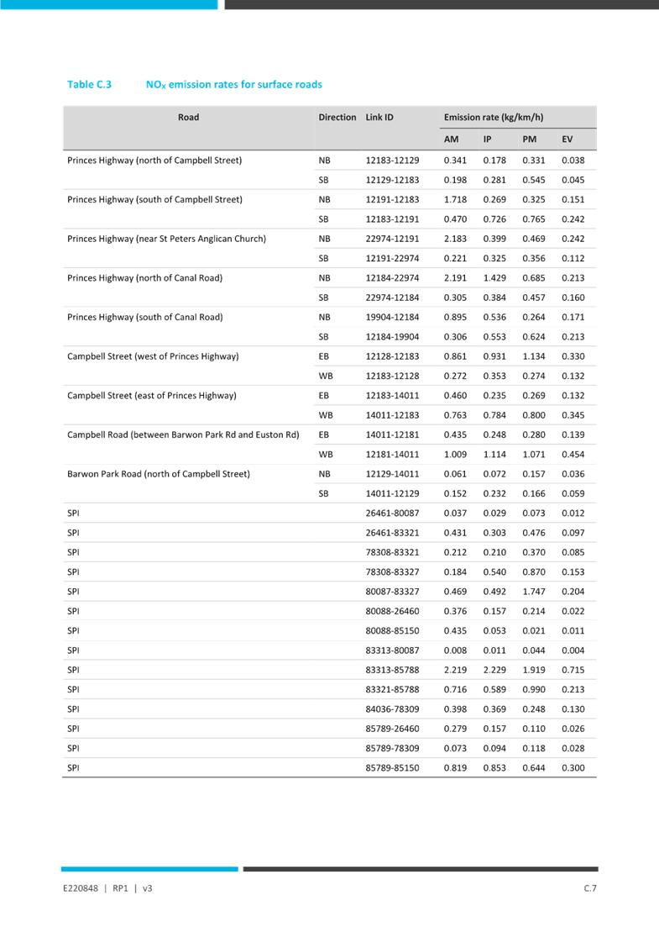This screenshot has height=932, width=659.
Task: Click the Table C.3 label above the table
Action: pos(90,85)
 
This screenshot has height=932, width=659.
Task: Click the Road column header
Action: pos(189,117)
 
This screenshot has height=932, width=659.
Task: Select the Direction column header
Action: pos(337,118)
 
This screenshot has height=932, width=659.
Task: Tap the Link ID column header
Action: pos(379,118)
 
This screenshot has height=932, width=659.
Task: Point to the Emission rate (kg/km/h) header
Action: pos(494,118)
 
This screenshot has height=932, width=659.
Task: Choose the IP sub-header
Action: pos(488,139)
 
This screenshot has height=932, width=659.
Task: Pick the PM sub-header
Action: pos(530,139)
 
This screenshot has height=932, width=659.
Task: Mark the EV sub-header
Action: pos(568,139)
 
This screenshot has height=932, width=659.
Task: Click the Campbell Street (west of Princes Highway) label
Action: pos(154,357)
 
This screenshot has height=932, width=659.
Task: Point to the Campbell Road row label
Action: pos(183,435)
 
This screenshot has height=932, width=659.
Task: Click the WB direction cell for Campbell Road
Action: pos(325,455)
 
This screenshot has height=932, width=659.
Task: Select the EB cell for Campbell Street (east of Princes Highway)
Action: pos(324,396)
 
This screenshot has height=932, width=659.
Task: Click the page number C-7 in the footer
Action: pos(590,887)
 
